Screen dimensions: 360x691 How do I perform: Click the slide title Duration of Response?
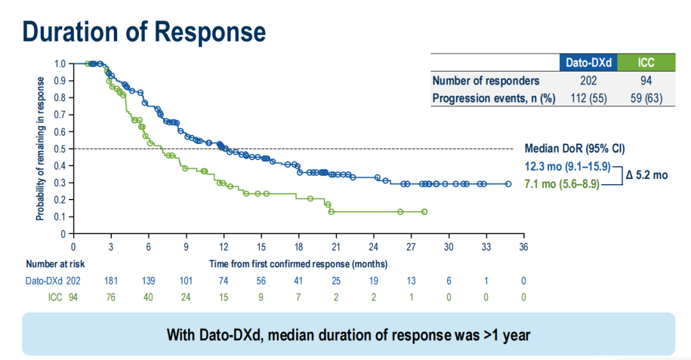click(144, 31)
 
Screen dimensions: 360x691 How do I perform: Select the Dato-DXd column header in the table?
click(588, 63)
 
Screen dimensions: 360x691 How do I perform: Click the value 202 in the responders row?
click(588, 81)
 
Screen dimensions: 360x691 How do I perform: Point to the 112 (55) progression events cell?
click(588, 98)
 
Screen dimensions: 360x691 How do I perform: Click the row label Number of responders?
click(486, 81)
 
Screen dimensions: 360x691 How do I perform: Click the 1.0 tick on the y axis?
click(60, 64)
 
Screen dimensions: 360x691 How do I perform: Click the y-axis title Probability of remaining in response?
click(40, 148)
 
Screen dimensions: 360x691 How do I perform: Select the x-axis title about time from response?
click(298, 263)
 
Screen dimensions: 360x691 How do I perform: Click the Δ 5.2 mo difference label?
click(646, 175)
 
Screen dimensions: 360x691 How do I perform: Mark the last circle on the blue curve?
click(508, 184)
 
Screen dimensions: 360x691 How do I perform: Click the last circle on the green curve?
click(424, 212)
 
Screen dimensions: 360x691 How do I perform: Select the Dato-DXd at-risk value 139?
click(148, 281)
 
